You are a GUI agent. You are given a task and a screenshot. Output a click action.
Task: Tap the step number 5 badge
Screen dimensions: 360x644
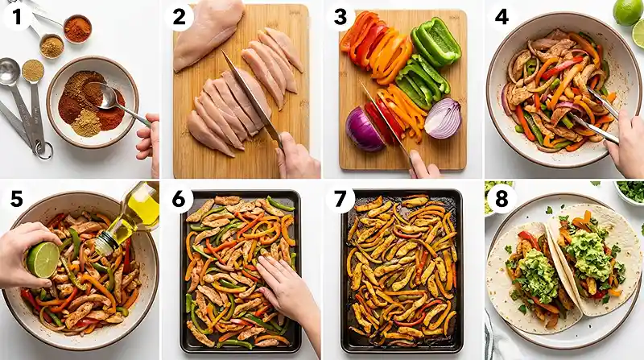point(15,199)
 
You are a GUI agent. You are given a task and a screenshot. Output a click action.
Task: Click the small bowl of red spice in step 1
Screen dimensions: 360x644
point(78,28)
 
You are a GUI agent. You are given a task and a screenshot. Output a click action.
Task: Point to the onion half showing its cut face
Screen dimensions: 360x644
point(443,118)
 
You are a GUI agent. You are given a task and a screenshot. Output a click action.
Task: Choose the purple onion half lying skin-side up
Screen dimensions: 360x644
point(364,129)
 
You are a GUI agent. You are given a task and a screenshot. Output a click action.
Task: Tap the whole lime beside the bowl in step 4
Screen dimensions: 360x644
point(627,11)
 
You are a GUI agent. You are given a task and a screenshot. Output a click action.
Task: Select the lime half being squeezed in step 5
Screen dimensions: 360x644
point(43,259)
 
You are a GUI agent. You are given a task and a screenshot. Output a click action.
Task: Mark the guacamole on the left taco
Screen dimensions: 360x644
point(536,275)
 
